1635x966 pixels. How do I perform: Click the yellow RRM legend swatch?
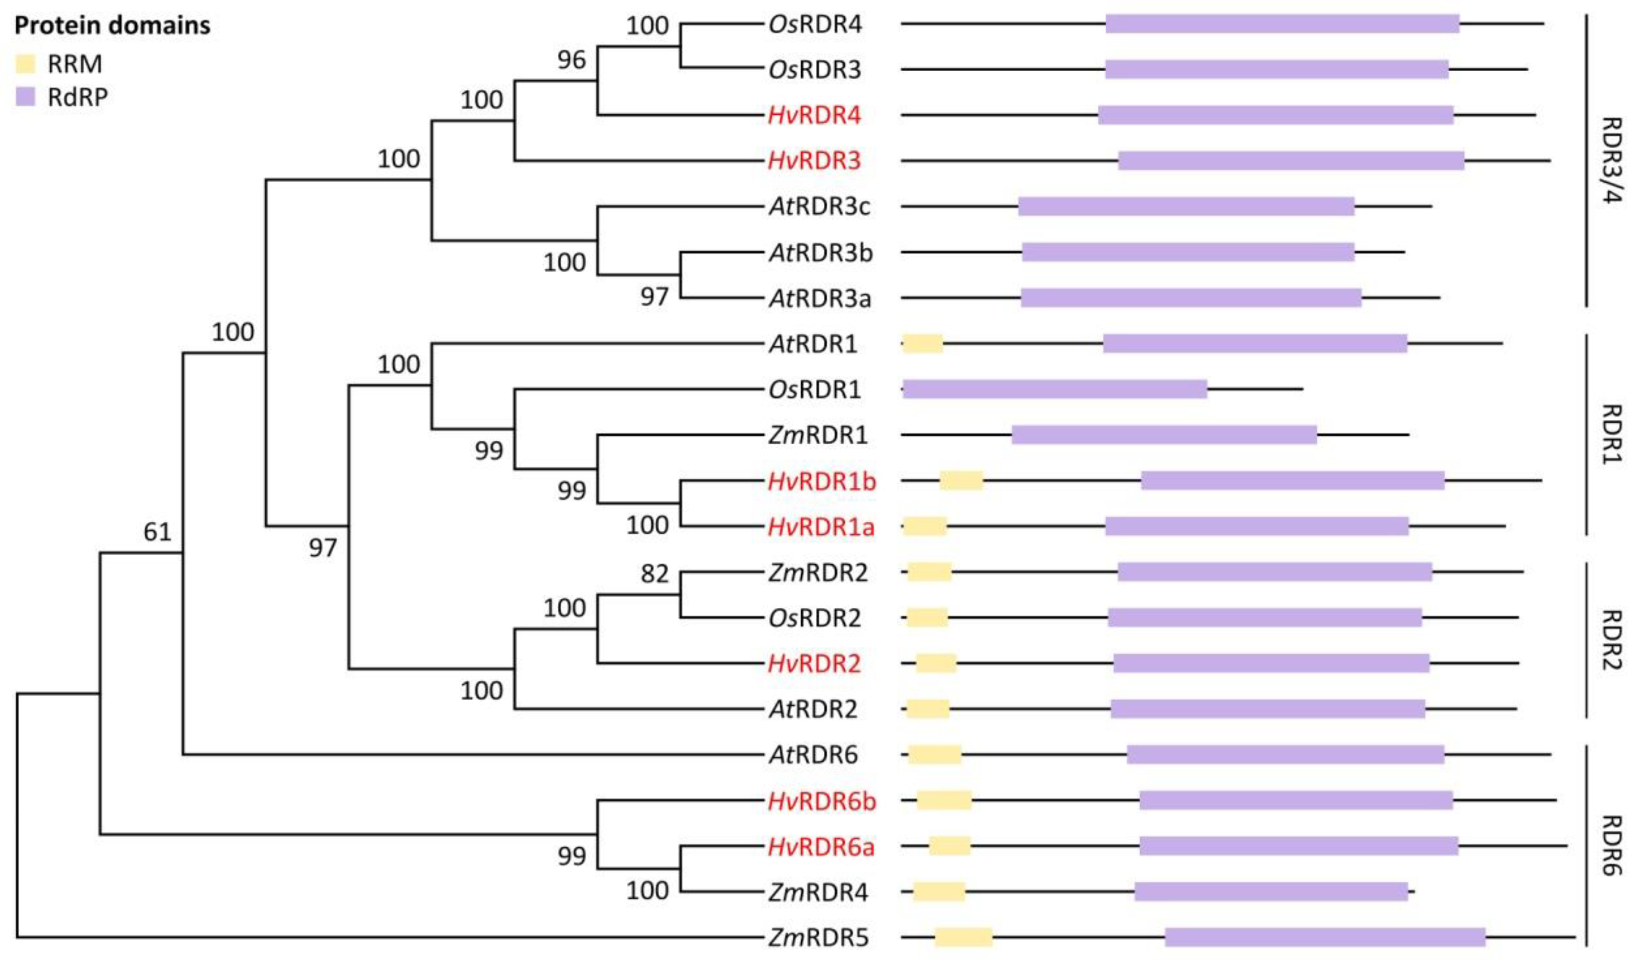[25, 64]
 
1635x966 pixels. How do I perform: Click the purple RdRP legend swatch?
[25, 97]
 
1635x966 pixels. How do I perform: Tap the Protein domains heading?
[112, 26]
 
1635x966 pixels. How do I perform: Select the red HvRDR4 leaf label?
[814, 115]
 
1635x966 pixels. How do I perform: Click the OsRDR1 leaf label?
[815, 389]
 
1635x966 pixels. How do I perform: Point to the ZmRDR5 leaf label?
[818, 937]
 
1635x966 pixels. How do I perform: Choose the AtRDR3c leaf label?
[819, 206]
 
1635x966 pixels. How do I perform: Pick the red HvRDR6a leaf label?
[820, 846]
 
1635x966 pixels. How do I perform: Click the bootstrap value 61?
[157, 532]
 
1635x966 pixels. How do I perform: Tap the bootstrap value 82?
[654, 573]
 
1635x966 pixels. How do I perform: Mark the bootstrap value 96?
[571, 60]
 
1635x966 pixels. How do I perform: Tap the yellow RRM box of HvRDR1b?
[961, 481]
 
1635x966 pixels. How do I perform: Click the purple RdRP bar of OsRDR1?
[1054, 389]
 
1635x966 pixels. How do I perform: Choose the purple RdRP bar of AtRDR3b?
[1188, 252]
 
